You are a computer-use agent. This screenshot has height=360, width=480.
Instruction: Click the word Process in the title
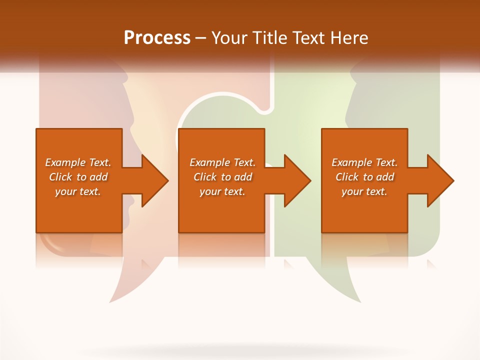coord(157,38)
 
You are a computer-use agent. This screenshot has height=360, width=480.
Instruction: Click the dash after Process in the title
coord(200,38)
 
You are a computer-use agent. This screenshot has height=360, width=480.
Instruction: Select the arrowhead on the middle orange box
coord(297,180)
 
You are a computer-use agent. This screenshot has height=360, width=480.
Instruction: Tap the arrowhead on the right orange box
coord(440,180)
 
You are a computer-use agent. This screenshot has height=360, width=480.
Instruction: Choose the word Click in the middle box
coord(205,177)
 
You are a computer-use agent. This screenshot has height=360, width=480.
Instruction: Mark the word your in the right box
coord(352,191)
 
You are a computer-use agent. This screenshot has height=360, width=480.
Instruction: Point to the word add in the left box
coord(99,177)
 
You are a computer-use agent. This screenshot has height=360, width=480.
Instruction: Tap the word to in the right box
coord(368,177)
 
